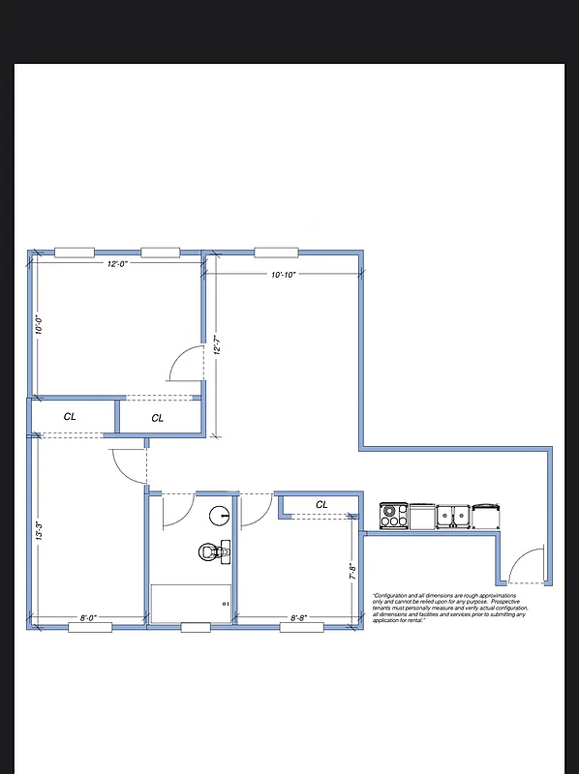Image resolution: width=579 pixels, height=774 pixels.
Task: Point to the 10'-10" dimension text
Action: click(283, 275)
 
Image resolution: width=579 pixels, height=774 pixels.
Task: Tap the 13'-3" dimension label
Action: click(39, 531)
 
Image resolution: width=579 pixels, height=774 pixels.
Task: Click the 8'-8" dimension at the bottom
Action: click(302, 617)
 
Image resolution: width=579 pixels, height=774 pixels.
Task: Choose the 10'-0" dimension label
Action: click(39, 325)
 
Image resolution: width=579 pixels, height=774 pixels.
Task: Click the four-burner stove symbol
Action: click(393, 516)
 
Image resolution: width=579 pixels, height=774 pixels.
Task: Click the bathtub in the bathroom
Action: click(193, 603)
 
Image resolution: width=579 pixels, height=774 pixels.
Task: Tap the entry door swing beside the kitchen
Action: click(527, 566)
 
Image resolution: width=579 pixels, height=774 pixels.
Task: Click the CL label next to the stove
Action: click(321, 504)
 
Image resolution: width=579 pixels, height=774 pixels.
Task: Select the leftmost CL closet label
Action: click(70, 416)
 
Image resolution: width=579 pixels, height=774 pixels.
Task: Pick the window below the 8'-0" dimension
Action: click(89, 628)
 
